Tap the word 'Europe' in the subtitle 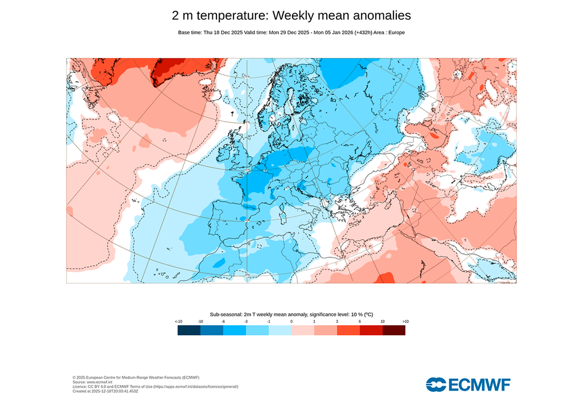pyautogui.click(x=396, y=32)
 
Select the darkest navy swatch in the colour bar pyautogui.click(x=189, y=330)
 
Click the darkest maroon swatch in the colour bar pyautogui.click(x=394, y=330)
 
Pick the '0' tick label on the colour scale pyautogui.click(x=291, y=322)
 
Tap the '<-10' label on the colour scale pyautogui.click(x=178, y=322)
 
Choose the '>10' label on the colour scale pyautogui.click(x=405, y=322)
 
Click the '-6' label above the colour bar pyautogui.click(x=223, y=322)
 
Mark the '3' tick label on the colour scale pyautogui.click(x=337, y=322)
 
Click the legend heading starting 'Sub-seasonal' pyautogui.click(x=291, y=314)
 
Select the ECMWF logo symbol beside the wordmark pyautogui.click(x=436, y=384)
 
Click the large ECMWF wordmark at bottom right pyautogui.click(x=479, y=384)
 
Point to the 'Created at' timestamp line pyautogui.click(x=105, y=391)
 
